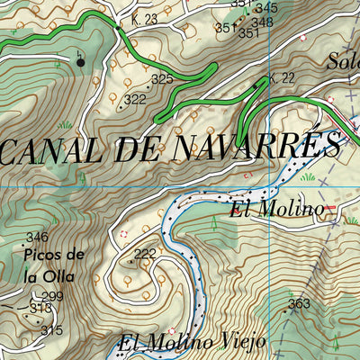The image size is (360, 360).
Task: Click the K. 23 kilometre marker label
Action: [x=144, y=19]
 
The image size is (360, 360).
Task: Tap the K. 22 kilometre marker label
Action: [x=281, y=77]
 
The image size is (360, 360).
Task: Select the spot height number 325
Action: [x=161, y=80]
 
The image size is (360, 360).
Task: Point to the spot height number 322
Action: [x=136, y=99]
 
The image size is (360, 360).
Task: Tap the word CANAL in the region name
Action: [x=49, y=149]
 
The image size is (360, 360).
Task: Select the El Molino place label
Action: [x=275, y=211]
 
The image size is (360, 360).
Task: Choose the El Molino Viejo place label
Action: [x=192, y=342]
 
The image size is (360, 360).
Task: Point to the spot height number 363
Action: [x=299, y=304]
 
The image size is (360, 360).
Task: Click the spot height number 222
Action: [x=145, y=254]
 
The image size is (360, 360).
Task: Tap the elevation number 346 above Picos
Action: [x=36, y=238]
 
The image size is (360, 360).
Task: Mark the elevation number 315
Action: [x=51, y=330]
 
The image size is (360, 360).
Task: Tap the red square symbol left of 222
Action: [x=123, y=235]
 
